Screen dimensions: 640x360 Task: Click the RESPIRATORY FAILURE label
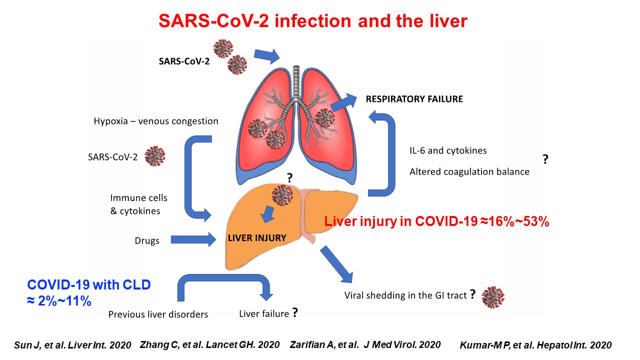pyautogui.click(x=414, y=99)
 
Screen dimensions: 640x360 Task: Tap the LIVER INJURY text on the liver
pyautogui.click(x=257, y=237)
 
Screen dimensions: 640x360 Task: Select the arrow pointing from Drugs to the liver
pyautogui.click(x=193, y=239)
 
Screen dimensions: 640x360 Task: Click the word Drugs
pyautogui.click(x=147, y=240)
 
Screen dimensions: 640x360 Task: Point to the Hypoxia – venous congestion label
pyautogui.click(x=156, y=121)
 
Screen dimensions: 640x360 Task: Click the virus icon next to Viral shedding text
pyautogui.click(x=493, y=297)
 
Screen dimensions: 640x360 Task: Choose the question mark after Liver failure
pyautogui.click(x=295, y=312)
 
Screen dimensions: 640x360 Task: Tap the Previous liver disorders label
pyautogui.click(x=158, y=314)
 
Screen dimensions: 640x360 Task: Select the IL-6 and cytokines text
pyautogui.click(x=448, y=150)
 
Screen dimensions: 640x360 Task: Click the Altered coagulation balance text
pyautogui.click(x=469, y=171)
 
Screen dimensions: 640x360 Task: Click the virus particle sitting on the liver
pyautogui.click(x=282, y=195)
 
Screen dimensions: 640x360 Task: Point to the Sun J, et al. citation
pyautogui.click(x=72, y=345)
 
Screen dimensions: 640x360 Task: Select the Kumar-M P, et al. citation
pyautogui.click(x=535, y=345)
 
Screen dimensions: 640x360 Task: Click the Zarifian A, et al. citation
pyautogui.click(x=365, y=344)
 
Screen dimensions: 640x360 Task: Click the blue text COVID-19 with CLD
pyautogui.click(x=89, y=284)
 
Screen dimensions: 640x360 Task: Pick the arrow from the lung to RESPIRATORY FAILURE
pyautogui.click(x=343, y=102)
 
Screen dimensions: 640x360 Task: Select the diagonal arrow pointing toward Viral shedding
pyautogui.click(x=337, y=264)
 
